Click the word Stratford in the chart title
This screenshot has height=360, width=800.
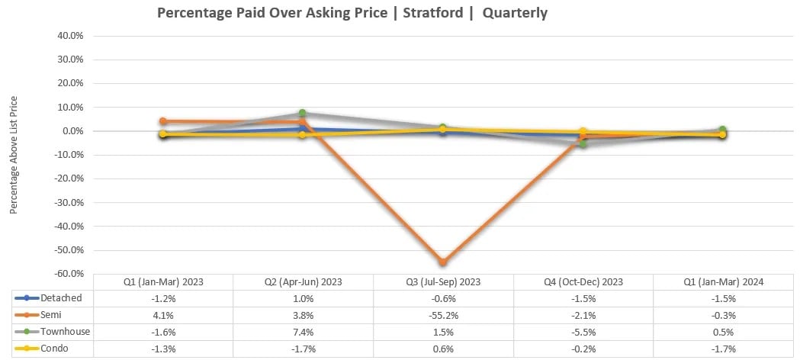432,13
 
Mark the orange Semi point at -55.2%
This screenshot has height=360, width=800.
442,262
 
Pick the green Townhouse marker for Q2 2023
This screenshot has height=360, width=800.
303,114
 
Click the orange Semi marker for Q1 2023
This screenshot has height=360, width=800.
163,121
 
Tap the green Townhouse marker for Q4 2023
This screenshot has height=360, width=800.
583,143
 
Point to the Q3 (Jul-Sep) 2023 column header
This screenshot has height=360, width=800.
443,281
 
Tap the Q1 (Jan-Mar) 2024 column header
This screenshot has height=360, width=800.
723,281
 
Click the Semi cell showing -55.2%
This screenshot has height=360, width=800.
443,315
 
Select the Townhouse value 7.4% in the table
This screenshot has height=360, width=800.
303,332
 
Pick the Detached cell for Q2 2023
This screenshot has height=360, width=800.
303,297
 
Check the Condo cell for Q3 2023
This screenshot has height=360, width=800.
443,349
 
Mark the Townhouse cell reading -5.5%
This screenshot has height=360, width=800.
583,332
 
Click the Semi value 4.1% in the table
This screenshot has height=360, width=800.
163,315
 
